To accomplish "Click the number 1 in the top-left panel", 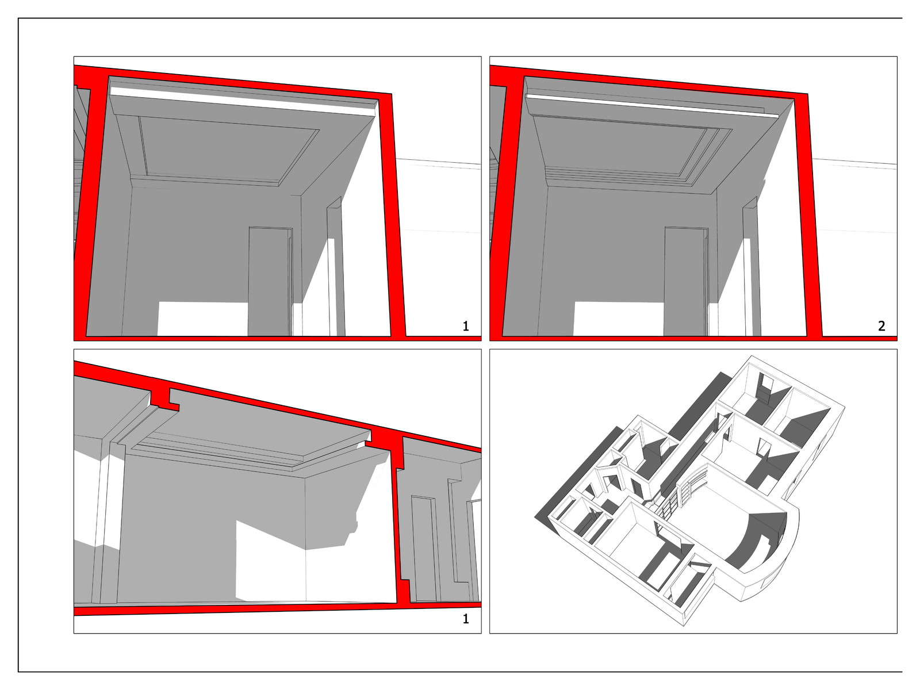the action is (x=466, y=326).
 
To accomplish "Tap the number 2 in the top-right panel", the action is (x=881, y=326).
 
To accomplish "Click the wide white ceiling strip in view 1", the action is (x=242, y=101).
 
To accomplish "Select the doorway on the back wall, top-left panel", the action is (x=270, y=282).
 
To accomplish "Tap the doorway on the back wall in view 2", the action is (x=685, y=282).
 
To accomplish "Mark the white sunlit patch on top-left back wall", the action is (x=202, y=319).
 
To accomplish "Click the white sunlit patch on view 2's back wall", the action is (x=618, y=319).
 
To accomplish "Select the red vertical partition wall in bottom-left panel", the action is (x=400, y=524).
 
